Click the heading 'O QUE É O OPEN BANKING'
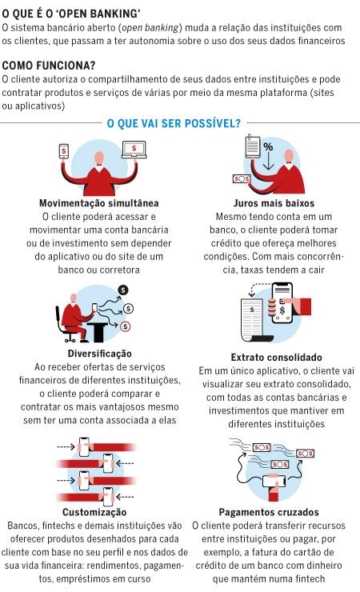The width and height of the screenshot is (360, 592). click(71, 14)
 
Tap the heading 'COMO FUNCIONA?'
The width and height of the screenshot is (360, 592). click(49, 66)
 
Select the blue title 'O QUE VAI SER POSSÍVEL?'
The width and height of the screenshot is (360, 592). click(174, 123)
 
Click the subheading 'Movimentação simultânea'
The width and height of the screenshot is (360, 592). click(99, 203)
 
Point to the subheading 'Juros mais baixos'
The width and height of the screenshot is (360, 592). click(274, 203)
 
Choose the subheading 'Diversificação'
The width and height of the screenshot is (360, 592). click(100, 354)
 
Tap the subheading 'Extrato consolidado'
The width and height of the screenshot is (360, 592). click(276, 358)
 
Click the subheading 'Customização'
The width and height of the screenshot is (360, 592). click(94, 512)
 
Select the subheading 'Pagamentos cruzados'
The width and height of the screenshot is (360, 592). click(269, 512)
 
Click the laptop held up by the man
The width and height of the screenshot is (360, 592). click(134, 150)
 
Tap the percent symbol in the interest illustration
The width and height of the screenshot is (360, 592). click(268, 147)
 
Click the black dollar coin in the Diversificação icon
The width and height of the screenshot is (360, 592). click(123, 290)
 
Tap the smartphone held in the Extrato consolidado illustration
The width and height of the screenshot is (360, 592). click(282, 303)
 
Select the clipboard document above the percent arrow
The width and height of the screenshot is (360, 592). click(253, 146)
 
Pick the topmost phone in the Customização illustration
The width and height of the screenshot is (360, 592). click(84, 447)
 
